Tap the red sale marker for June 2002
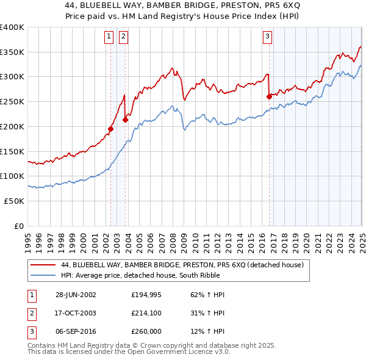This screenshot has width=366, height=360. (111, 129)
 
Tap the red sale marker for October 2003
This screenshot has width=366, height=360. (125, 120)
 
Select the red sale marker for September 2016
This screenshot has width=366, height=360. (269, 96)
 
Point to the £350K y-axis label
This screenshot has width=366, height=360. (12, 52)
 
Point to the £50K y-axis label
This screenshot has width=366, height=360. (14, 201)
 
